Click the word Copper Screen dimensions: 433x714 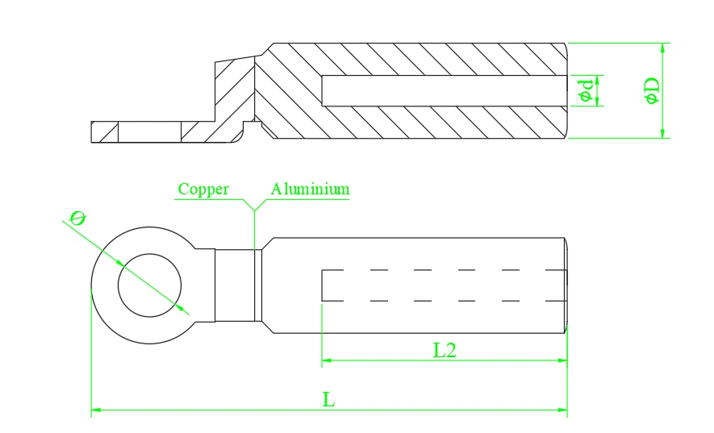point(203,190)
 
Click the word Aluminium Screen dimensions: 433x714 point(311,190)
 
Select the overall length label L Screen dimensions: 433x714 point(328,400)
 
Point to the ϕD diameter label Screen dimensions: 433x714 point(653,90)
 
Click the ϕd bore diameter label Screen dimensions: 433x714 point(587,90)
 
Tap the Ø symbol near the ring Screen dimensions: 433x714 point(77,218)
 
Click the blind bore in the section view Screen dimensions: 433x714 point(444,90)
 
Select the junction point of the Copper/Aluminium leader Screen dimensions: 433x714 point(254,210)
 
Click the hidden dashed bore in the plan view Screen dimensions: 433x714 point(444,285)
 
